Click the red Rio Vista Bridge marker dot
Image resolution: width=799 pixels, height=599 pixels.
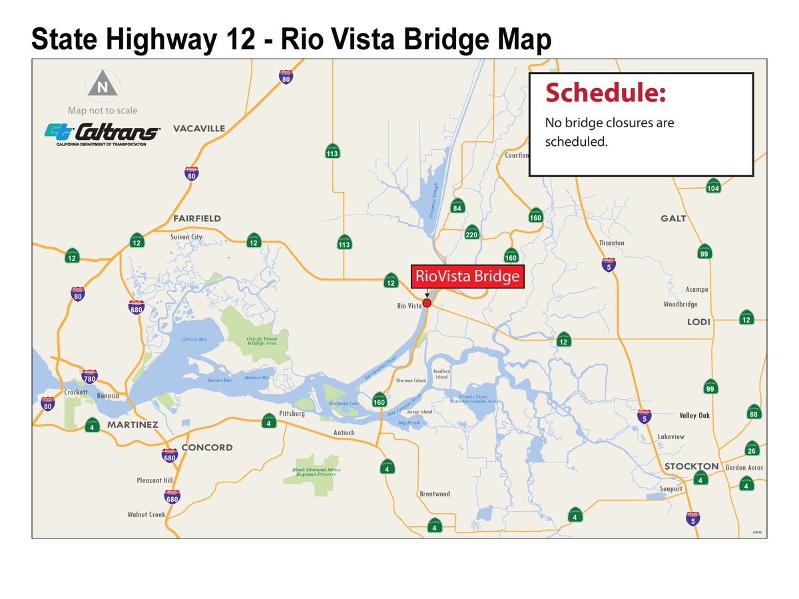pos(427,303)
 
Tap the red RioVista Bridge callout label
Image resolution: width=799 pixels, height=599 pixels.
pos(467,277)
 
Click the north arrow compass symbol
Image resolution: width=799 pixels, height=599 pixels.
pos(102,85)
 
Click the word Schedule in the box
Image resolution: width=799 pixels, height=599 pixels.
pos(605,93)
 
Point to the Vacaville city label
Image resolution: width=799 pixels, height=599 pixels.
pos(199,129)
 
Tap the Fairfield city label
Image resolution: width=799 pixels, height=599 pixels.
pos(196,219)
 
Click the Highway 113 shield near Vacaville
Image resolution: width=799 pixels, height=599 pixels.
pos(332,151)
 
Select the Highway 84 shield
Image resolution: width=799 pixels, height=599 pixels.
pos(457,206)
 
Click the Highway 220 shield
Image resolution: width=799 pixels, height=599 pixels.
pos(472,232)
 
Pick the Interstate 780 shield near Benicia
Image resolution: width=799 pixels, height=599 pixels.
pos(89,378)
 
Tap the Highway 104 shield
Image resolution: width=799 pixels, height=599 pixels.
pos(713,186)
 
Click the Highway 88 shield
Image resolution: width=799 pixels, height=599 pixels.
pos(754,412)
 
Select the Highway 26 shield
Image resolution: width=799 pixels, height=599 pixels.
pos(752,448)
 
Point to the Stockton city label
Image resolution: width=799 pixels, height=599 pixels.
pos(691,466)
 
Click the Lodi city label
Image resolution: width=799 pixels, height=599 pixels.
pos(699,322)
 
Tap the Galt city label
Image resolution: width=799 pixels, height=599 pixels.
pos(673,219)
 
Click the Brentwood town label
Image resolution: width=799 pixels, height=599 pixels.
pos(435,494)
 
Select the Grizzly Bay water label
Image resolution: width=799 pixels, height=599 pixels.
pos(195,340)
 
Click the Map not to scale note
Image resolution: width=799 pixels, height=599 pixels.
pos(103,111)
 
